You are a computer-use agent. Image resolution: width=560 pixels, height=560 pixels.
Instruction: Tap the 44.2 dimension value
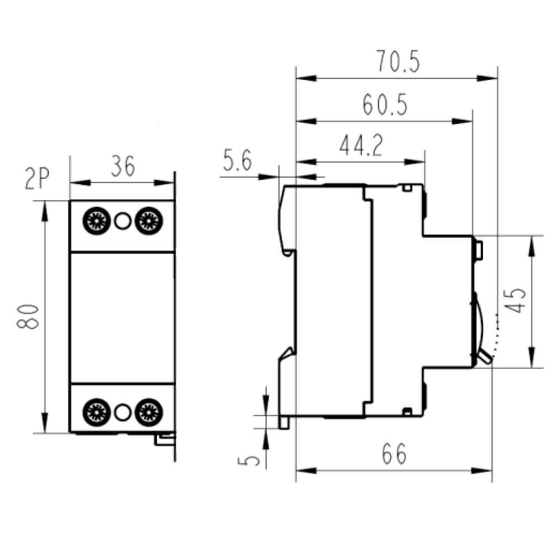(x=361, y=147)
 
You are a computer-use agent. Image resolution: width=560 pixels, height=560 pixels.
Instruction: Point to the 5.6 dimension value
(x=237, y=161)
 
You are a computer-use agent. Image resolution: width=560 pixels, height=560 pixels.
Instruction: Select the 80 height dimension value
(x=29, y=317)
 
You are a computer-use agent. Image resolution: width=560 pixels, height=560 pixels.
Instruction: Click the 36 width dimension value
(x=123, y=166)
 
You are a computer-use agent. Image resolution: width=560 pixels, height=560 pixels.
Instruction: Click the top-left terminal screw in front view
(x=96, y=221)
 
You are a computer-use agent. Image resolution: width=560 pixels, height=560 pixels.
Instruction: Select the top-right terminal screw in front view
(x=148, y=221)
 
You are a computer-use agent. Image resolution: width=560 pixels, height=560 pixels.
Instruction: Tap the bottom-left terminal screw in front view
(x=96, y=412)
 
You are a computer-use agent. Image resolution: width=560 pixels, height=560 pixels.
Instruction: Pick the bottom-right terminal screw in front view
(x=148, y=412)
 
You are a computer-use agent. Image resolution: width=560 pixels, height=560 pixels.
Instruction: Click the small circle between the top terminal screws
(x=122, y=221)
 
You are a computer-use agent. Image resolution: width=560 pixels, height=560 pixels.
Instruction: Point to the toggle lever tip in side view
(x=488, y=359)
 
